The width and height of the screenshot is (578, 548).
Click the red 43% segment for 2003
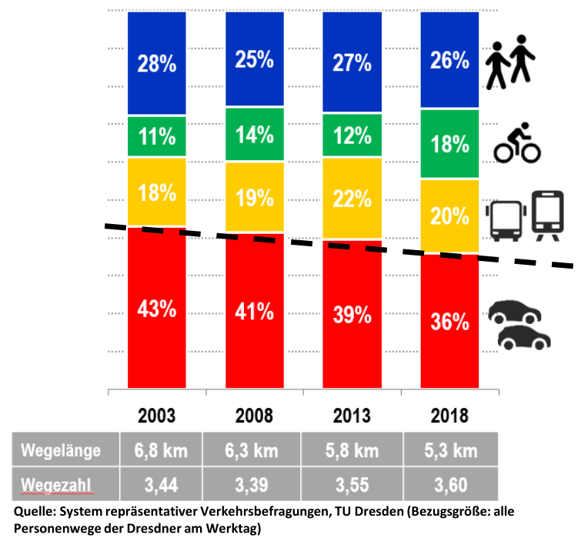(157, 308)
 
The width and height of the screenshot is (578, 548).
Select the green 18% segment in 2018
(449, 144)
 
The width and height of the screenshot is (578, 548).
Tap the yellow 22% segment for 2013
(352, 199)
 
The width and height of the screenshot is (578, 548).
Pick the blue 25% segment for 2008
(254, 59)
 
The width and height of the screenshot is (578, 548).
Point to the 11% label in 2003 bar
(157, 137)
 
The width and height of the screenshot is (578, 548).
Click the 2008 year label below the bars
(254, 416)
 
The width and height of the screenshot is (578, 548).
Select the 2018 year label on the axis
(449, 416)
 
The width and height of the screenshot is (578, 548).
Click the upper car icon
(515, 312)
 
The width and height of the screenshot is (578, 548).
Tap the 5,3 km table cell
(449, 450)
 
